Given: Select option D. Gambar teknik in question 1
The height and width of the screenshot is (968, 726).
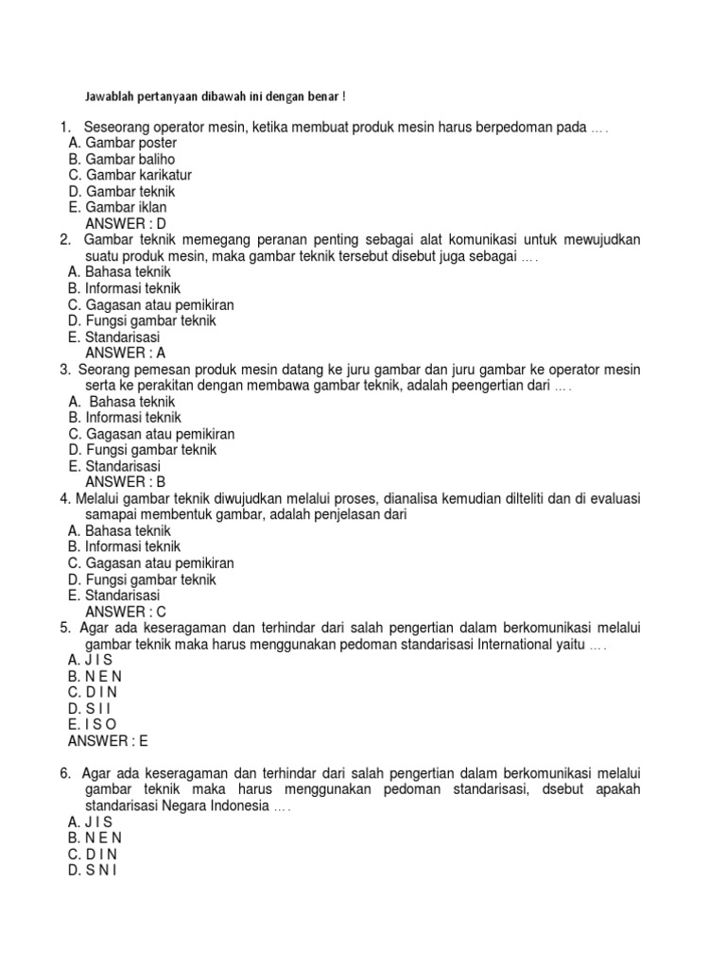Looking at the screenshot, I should coord(122,191).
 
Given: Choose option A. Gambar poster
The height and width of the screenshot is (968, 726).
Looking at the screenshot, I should coord(117,143).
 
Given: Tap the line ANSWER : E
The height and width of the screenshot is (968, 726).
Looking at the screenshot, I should coord(109,741).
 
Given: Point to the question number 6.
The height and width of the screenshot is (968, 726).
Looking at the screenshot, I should coord(64,773).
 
